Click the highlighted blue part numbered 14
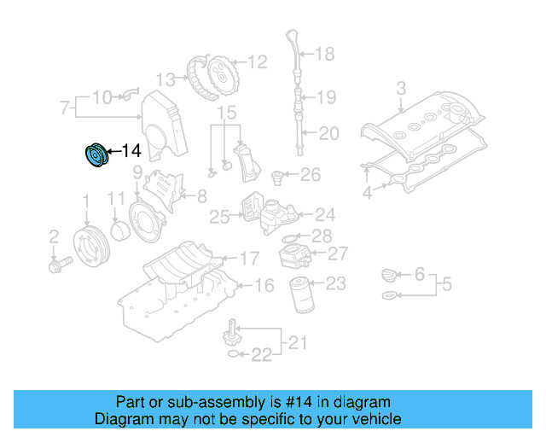point(95,157)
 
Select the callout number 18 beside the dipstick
point(325,55)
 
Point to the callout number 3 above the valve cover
point(401,88)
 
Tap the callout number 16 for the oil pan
point(264,285)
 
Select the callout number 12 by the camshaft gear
point(257,61)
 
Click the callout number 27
point(338,253)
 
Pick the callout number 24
point(324,215)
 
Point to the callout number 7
point(64,108)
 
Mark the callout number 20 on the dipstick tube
point(328,132)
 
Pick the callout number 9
point(136,173)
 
